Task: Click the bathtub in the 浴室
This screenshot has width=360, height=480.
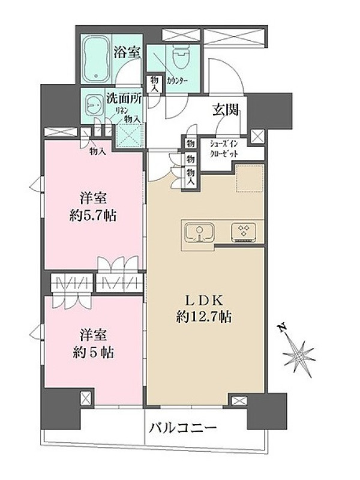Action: tap(97, 58)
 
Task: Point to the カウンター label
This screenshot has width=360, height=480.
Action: tap(177, 81)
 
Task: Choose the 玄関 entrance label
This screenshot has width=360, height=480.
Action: tap(226, 110)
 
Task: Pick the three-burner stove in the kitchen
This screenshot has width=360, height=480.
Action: tap(244, 232)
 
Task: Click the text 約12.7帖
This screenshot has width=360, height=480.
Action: tap(204, 317)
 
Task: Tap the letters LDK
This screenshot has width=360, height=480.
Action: tap(204, 301)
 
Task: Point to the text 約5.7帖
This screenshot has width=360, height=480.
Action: tap(93, 216)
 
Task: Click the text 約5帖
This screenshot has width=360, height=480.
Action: tap(94, 353)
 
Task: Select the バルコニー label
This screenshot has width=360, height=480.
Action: tap(183, 427)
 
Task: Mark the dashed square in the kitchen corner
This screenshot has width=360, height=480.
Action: tap(250, 179)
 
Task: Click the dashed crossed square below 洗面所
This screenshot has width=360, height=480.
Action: tap(129, 137)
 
